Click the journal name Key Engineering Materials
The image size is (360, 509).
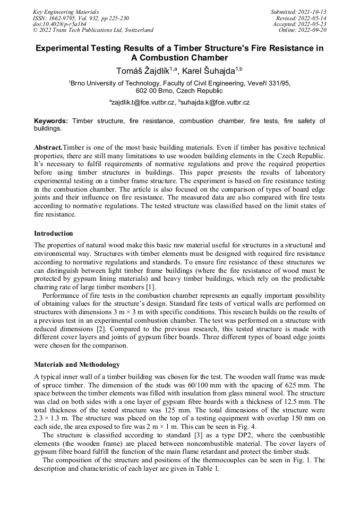point(66,12)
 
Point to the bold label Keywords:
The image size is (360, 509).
point(52,122)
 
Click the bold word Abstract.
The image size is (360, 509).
point(48,147)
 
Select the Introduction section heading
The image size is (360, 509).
point(54,234)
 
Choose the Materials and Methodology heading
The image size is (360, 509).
point(76,365)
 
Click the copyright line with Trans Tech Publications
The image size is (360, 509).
point(93,30)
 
